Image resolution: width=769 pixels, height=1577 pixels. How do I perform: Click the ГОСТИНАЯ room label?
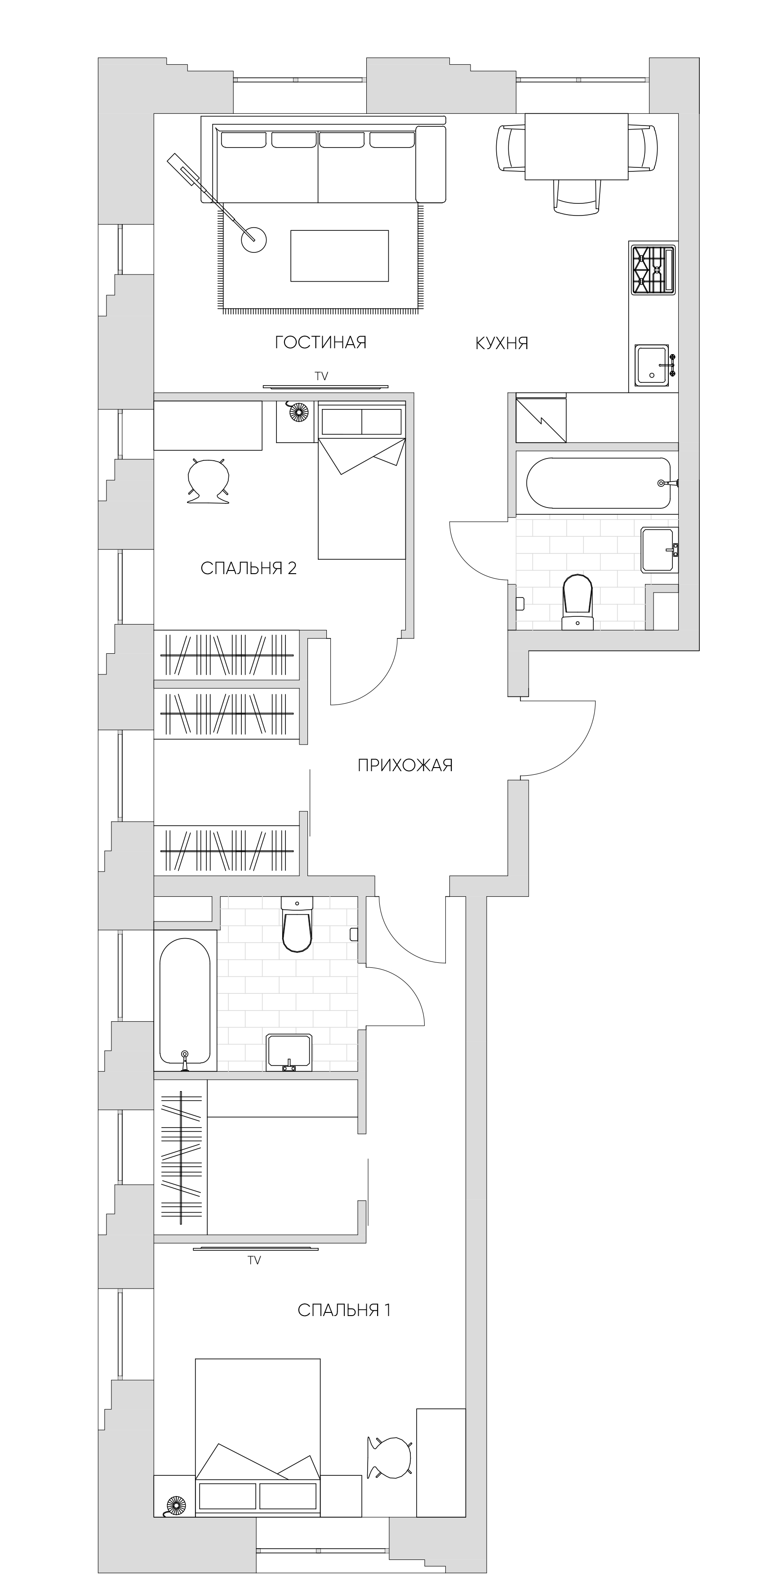[320, 342]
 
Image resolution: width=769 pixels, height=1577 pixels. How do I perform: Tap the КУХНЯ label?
[502, 343]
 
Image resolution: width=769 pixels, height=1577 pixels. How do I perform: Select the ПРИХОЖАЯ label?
[405, 765]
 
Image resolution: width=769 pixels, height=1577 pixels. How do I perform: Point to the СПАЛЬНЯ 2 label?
[249, 568]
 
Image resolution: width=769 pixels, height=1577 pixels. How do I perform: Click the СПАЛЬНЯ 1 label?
[344, 1310]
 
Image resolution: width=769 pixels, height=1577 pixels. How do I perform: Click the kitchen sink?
[654, 365]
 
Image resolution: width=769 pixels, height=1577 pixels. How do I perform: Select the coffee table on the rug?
[339, 256]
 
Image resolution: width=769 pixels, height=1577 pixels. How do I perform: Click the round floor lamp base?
[254, 239]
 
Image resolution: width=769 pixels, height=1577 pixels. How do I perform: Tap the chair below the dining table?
[576, 197]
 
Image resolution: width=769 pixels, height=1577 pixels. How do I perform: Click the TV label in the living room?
[322, 377]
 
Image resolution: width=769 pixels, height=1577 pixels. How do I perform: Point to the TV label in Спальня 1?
[254, 1261]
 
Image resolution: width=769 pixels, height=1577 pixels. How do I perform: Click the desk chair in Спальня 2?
[208, 481]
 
